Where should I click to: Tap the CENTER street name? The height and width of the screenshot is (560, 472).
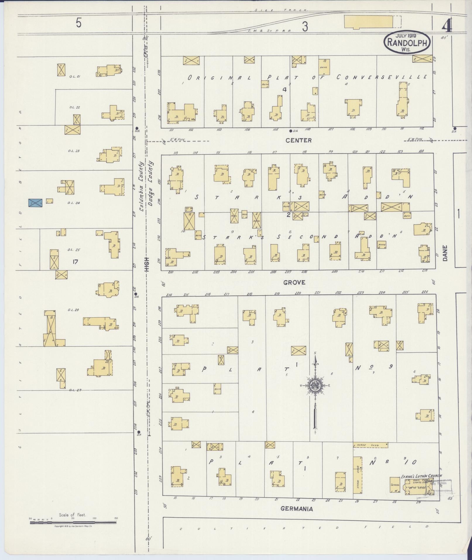click(299, 141)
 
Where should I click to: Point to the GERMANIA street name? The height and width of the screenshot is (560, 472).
click(297, 509)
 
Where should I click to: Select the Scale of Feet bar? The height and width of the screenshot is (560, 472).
click(73, 522)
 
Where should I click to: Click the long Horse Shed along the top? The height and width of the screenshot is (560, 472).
click(370, 453)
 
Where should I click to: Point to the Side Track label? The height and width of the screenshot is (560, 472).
click(280, 10)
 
